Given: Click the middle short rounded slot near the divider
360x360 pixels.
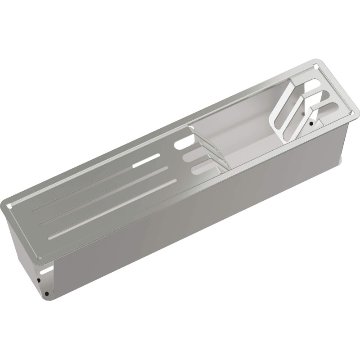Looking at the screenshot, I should [x=193, y=157].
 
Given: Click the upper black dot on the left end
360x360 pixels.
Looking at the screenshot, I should [x=39, y=280].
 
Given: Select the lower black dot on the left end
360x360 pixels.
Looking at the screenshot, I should [x=46, y=294].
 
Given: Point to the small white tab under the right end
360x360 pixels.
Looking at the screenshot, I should [x=343, y=158].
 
